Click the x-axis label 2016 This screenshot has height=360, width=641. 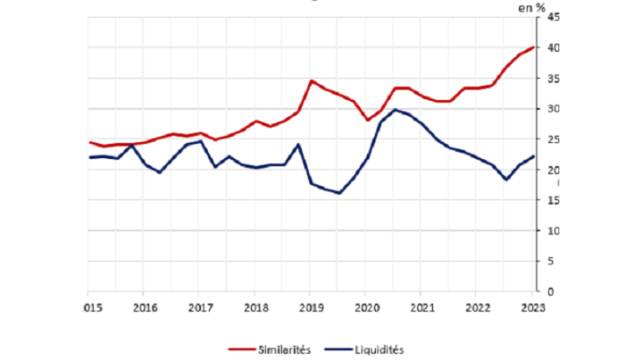click(145, 307)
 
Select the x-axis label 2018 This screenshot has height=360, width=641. click(256, 307)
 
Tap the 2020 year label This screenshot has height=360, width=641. click(365, 307)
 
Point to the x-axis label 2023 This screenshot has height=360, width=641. click(531, 307)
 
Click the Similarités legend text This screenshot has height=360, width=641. click(287, 349)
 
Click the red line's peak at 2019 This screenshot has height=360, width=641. click(312, 81)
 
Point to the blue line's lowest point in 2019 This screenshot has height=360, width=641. click(339, 193)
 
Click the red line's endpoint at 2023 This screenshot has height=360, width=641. click(533, 47)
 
